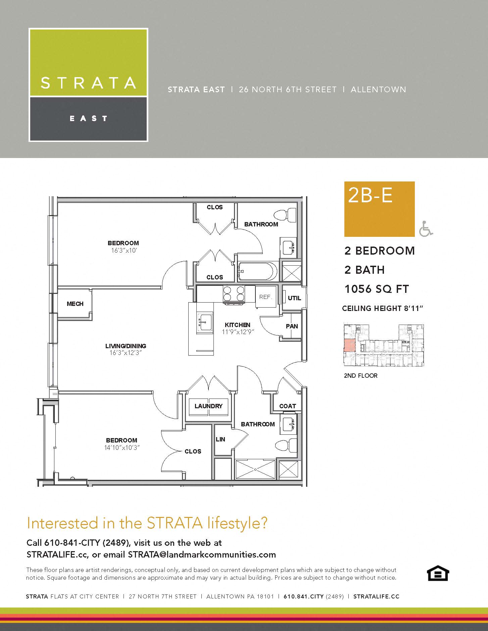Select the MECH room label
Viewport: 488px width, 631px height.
75,304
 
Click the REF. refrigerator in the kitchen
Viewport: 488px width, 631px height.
265,297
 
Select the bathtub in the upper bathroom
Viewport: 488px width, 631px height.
257,271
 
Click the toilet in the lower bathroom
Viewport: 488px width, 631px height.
286,445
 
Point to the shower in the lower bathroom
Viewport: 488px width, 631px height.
255,469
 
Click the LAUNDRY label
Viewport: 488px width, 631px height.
208,406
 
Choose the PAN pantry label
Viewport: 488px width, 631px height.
292,326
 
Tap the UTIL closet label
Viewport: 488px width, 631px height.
294,298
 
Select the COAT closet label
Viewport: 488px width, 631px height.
288,406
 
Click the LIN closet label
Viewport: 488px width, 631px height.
221,439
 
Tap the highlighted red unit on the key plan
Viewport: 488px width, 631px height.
349,345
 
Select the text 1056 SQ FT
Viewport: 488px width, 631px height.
377,289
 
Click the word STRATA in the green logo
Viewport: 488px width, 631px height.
88,83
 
